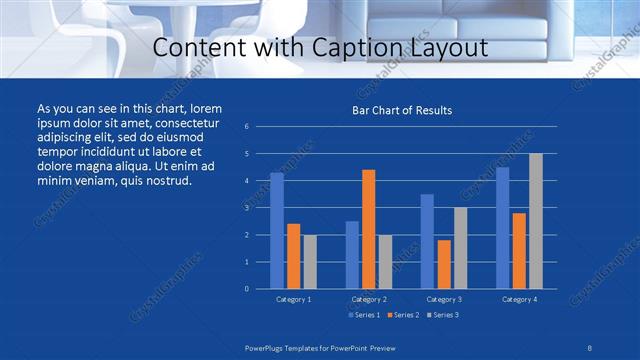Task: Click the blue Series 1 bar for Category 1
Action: click(277, 231)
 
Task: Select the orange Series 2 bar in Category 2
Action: click(368, 229)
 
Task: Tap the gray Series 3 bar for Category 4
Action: click(536, 221)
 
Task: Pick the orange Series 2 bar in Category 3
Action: click(444, 264)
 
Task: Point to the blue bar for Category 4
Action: click(502, 228)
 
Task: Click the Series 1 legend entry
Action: click(364, 315)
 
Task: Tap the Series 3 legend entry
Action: click(443, 315)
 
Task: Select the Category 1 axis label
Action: click(293, 299)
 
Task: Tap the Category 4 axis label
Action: click(519, 299)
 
